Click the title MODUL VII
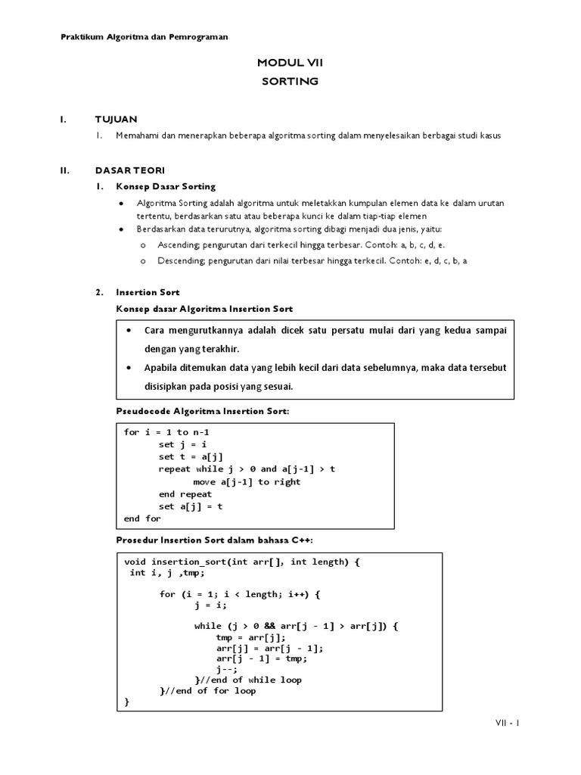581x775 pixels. pyautogui.click(x=290, y=63)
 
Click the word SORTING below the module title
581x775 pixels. pyautogui.click(x=290, y=81)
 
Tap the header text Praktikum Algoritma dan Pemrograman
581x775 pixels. pyautogui.click(x=144, y=36)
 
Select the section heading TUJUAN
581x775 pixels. pyautogui.click(x=116, y=120)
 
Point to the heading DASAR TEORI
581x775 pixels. pyautogui.click(x=129, y=170)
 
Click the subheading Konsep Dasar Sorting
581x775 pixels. pyautogui.click(x=165, y=186)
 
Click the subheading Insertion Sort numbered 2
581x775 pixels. pyautogui.click(x=148, y=292)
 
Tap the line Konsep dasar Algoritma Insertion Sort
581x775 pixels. pyautogui.click(x=204, y=309)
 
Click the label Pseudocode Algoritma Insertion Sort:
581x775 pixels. pyautogui.click(x=202, y=410)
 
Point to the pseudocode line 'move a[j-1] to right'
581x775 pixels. pyautogui.click(x=247, y=482)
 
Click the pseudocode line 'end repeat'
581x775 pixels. pyautogui.click(x=185, y=494)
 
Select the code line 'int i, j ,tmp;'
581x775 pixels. pyautogui.click(x=167, y=573)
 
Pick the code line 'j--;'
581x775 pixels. pyautogui.click(x=227, y=669)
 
